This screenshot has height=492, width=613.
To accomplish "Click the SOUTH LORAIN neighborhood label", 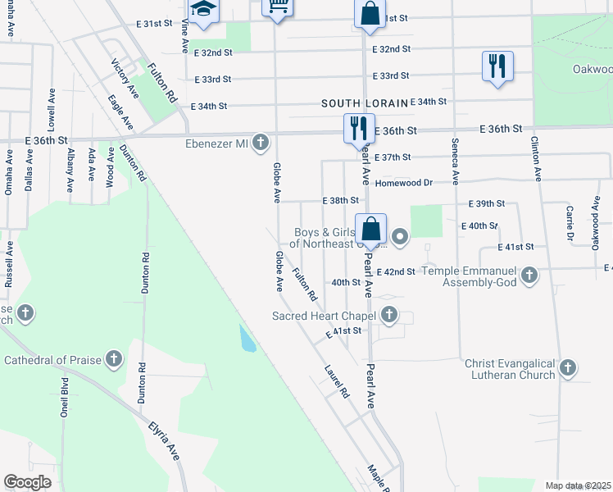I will (x=365, y=103).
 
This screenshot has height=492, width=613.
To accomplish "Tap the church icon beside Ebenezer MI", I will (x=261, y=143).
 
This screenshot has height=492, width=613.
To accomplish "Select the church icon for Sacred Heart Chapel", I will (x=389, y=315).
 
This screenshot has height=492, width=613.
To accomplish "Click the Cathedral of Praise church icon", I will (x=114, y=359).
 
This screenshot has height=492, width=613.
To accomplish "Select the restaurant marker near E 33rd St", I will (x=497, y=66).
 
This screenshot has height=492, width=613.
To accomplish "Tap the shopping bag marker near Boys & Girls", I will (x=370, y=230).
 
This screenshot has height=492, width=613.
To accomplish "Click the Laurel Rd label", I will (x=337, y=380).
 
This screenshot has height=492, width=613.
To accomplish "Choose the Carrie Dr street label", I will (x=568, y=218).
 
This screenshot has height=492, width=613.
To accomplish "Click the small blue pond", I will (x=247, y=338).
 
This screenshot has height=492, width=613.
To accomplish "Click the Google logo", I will (x=28, y=482).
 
